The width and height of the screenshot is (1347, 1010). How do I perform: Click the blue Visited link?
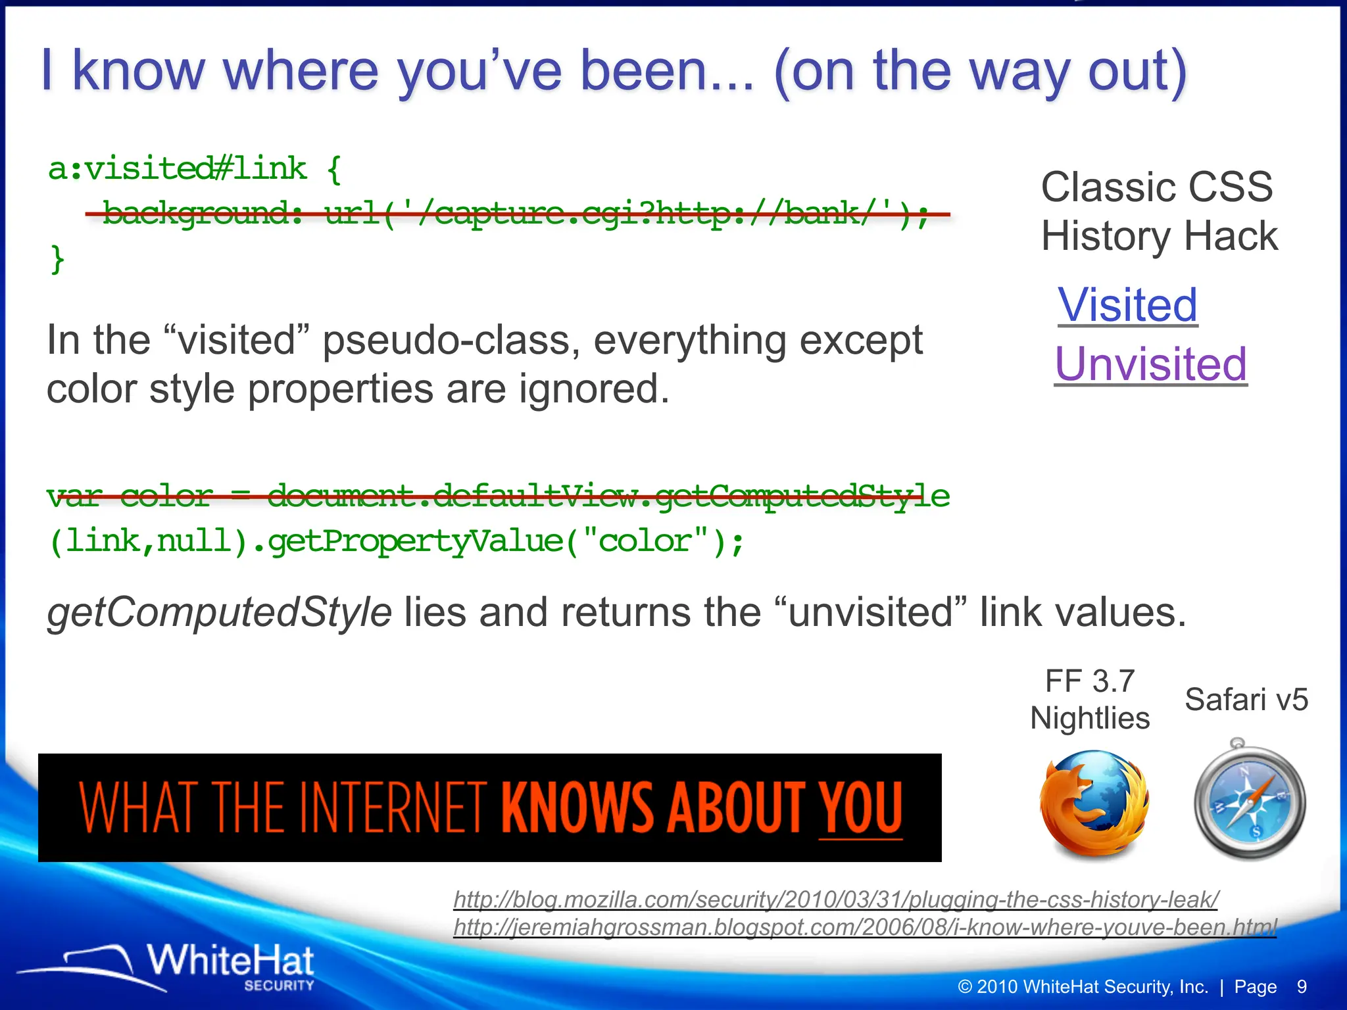pyautogui.click(x=1127, y=305)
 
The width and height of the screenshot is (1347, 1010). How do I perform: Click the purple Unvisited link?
pyautogui.click(x=1150, y=364)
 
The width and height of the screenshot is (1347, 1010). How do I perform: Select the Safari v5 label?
pyautogui.click(x=1246, y=700)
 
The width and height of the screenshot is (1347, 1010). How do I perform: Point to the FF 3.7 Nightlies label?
pyautogui.click(x=1090, y=700)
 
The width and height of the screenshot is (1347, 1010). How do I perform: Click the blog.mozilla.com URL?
pyautogui.click(x=835, y=899)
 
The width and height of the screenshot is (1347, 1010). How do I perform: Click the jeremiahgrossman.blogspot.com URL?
pyautogui.click(x=864, y=927)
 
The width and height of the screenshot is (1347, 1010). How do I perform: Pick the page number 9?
pyautogui.click(x=1302, y=987)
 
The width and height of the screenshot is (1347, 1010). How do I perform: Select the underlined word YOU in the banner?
pyautogui.click(x=860, y=807)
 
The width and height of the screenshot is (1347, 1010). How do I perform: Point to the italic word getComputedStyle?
pyautogui.click(x=219, y=612)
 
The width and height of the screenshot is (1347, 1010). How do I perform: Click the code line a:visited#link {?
pyautogui.click(x=195, y=170)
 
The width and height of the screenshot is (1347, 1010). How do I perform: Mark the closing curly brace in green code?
pyautogui.click(x=57, y=258)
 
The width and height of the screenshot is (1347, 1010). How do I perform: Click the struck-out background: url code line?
pyautogui.click(x=517, y=213)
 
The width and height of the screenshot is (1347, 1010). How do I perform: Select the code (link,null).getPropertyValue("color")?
pyautogui.click(x=397, y=541)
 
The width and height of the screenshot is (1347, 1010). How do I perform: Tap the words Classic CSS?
pyautogui.click(x=1157, y=187)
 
